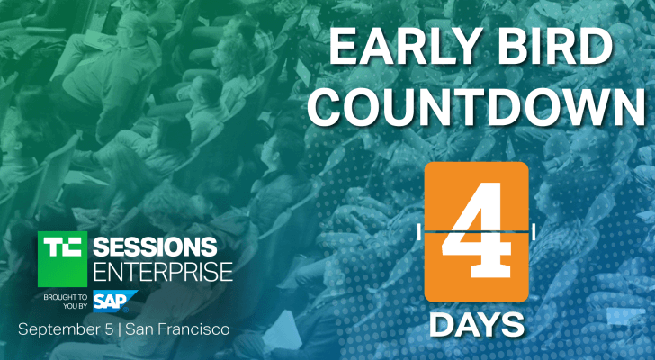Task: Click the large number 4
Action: (478, 232)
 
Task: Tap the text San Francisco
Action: (179, 329)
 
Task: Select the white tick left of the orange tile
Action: (420, 232)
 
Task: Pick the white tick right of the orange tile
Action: (534, 232)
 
